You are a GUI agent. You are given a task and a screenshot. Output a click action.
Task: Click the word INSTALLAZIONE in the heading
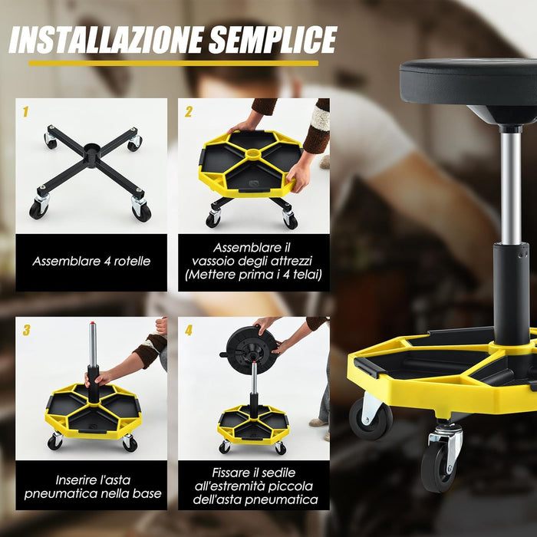[x=104, y=40]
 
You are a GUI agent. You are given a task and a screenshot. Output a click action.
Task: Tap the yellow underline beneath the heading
[x=173, y=63]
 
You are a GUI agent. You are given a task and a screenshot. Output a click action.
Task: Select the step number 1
[x=25, y=112]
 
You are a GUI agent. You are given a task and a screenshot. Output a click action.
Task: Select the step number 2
[x=188, y=112]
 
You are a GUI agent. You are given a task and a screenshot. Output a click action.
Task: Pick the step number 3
[x=26, y=331]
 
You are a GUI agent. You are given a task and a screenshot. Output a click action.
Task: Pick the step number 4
[x=189, y=331]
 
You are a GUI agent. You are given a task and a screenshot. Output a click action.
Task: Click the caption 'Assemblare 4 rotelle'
[x=91, y=261]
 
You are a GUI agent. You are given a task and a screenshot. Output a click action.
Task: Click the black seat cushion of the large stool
[x=468, y=81]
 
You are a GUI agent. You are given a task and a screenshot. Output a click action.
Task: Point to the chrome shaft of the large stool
[x=509, y=184]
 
